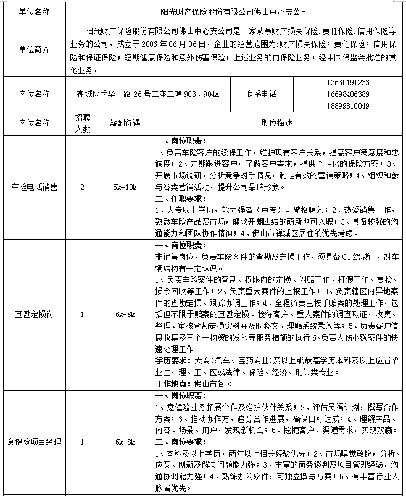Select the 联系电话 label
262,94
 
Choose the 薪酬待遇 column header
125,123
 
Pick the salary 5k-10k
125,187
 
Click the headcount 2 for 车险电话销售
83,187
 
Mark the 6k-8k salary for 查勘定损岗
125,314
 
